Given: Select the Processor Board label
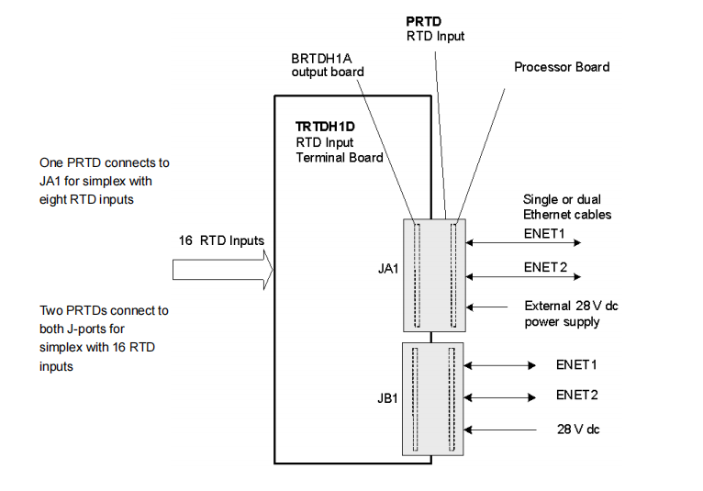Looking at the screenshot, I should pos(561,67).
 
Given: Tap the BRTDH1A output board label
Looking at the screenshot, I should pos(328,64).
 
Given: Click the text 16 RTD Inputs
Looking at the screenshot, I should pos(221,240).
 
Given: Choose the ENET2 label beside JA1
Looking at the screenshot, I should pos(544,268).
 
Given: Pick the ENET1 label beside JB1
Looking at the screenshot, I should pos(576,364).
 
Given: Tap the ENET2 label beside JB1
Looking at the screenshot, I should pos(576,395).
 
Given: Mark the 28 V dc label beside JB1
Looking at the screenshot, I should pos(579,429).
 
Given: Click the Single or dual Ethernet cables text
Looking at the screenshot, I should pos(566,206).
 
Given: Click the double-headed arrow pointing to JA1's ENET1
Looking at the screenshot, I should pos(523,243).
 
